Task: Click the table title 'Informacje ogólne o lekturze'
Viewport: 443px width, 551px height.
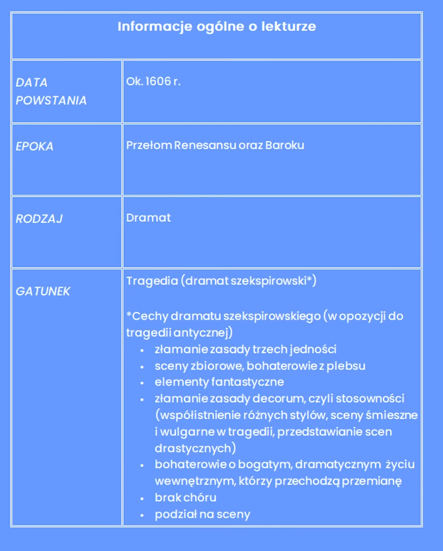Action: (x=216, y=27)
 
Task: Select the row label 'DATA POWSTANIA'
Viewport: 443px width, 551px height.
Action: (x=51, y=91)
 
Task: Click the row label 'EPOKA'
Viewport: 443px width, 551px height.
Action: (x=34, y=146)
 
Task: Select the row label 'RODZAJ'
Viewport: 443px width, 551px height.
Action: (x=39, y=219)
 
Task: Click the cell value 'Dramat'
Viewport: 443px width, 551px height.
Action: (x=149, y=218)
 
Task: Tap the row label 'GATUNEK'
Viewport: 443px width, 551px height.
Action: (x=43, y=292)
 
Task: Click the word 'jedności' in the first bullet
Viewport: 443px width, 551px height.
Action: (x=313, y=350)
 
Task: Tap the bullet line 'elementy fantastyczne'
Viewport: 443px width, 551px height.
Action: (x=219, y=383)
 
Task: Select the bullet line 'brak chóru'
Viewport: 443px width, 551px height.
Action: (x=185, y=498)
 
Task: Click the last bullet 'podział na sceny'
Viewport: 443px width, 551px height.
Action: (x=202, y=515)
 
